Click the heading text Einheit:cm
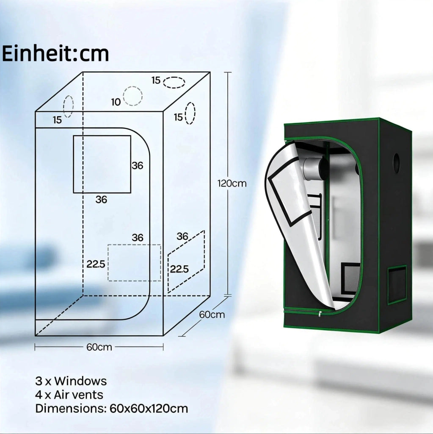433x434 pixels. click(x=55, y=53)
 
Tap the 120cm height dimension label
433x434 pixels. click(x=232, y=184)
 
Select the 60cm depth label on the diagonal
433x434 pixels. click(x=212, y=315)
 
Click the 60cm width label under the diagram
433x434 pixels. click(x=99, y=347)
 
